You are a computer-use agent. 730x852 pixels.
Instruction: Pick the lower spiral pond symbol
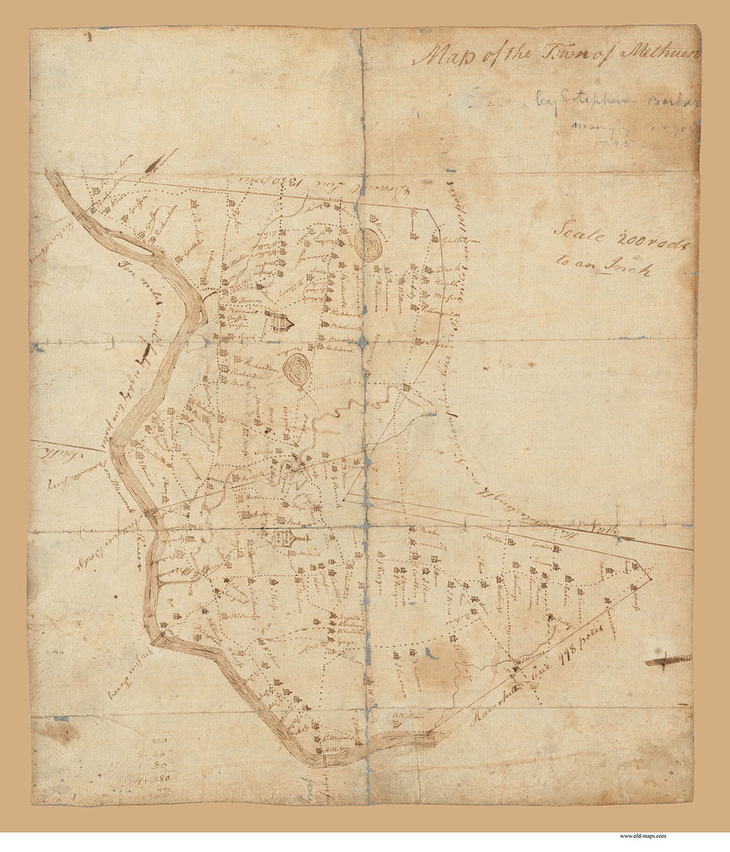click(295, 371)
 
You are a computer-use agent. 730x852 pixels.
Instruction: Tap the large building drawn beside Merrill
click(283, 539)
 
